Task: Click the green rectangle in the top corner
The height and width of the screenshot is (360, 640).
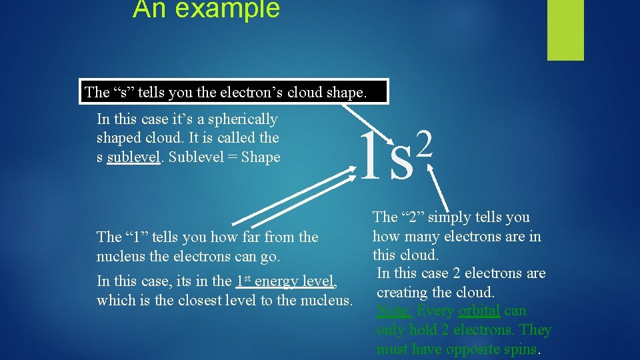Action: (565, 29)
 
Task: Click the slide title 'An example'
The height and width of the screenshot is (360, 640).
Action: (206, 9)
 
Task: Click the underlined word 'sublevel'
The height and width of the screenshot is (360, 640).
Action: (133, 157)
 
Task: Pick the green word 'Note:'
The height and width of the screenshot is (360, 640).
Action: (395, 311)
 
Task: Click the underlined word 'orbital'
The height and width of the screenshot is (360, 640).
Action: (479, 311)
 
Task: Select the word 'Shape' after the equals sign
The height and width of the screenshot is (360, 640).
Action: (261, 157)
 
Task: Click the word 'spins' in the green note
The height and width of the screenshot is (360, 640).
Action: (519, 349)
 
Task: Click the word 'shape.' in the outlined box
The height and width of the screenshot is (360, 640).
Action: (345, 92)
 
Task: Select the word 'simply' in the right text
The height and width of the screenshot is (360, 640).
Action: (449, 217)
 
